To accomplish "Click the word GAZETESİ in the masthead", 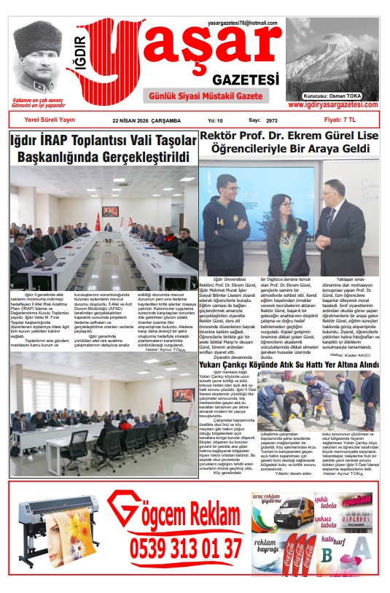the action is (x=246, y=78).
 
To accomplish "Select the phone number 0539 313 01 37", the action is (x=187, y=547).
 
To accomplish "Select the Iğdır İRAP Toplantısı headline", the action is (x=103, y=148).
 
